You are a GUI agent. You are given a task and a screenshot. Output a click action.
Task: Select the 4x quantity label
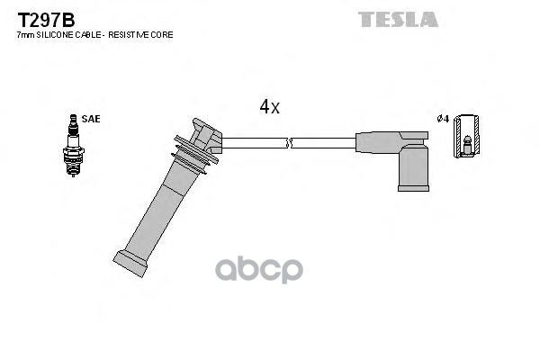click(269, 107)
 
